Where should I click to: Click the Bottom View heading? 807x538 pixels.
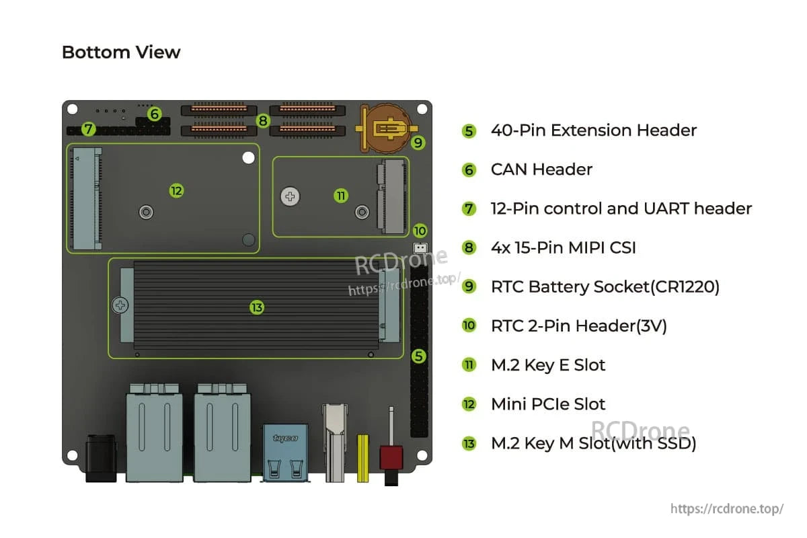click(x=121, y=52)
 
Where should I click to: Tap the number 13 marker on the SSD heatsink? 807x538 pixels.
click(x=256, y=307)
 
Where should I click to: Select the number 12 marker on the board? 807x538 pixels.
click(x=176, y=191)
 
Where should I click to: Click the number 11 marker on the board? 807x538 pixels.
click(x=341, y=196)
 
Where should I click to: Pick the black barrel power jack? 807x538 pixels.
click(x=102, y=458)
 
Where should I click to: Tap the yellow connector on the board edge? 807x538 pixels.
click(x=362, y=457)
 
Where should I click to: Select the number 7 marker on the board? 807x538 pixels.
click(x=89, y=129)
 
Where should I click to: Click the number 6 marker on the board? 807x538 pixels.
click(x=155, y=114)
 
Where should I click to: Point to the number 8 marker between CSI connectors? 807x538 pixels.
click(x=263, y=121)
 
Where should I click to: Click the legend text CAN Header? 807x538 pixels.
click(x=541, y=169)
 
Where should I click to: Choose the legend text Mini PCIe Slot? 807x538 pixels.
click(x=548, y=404)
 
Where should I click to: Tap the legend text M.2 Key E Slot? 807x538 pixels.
click(x=548, y=365)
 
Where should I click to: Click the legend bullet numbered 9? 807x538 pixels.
click(x=469, y=287)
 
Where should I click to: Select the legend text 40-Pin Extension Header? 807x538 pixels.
click(x=594, y=130)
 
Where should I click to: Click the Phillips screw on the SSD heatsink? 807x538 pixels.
click(x=121, y=306)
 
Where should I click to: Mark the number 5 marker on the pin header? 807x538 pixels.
click(x=419, y=356)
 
